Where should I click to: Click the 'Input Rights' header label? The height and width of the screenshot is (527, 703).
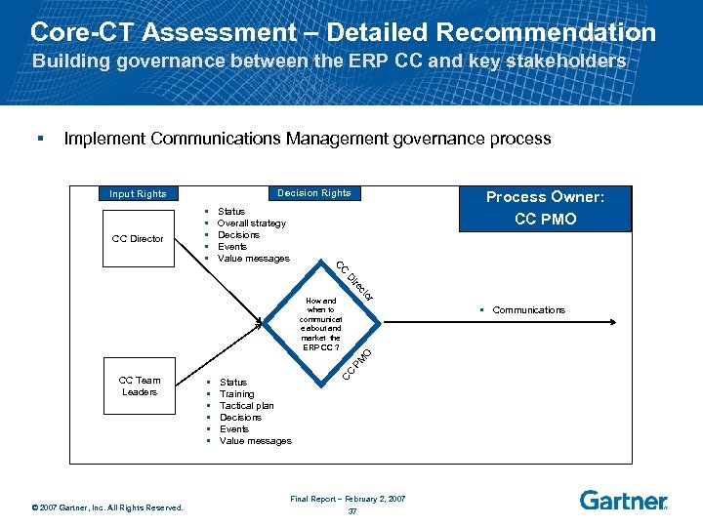(138, 194)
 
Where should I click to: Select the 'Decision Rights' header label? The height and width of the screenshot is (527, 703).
(313, 193)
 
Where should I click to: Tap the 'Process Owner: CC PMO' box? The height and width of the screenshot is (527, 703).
(545, 208)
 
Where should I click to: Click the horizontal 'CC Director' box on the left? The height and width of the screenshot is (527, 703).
(138, 239)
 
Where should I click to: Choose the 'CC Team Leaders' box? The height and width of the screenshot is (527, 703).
(140, 386)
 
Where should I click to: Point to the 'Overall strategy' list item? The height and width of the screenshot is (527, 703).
(252, 223)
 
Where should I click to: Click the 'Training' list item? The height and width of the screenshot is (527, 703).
(237, 394)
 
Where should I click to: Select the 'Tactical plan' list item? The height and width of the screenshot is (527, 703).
(247, 406)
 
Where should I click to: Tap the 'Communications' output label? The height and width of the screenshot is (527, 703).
(528, 310)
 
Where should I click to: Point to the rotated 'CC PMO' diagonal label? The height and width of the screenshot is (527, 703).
(355, 364)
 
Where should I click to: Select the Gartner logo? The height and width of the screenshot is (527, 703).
(623, 500)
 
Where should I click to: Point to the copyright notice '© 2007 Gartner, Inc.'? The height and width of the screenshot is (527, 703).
(106, 507)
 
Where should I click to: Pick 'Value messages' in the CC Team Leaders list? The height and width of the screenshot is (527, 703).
(256, 441)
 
